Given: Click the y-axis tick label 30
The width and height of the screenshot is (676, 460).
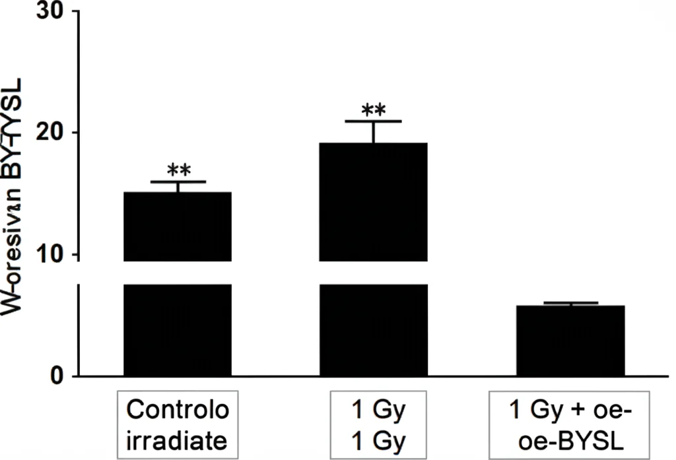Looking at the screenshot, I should click(51, 11).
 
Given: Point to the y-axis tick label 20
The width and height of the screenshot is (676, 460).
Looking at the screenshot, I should click(51, 133).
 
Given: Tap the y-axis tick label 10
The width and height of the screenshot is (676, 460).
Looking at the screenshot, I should click(51, 255).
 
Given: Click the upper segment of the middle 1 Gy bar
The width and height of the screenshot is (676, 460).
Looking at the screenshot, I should click(373, 201).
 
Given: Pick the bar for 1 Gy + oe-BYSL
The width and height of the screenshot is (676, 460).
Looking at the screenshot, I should click(570, 341).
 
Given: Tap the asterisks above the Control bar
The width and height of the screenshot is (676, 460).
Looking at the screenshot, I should click(179, 170).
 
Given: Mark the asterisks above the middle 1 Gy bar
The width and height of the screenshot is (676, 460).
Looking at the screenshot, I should click(373, 110).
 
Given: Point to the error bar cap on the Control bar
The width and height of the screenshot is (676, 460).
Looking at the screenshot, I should click(178, 181).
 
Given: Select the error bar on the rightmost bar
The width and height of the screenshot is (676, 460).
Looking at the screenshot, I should click(570, 303).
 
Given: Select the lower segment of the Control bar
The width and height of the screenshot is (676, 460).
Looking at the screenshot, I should click(178, 330).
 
